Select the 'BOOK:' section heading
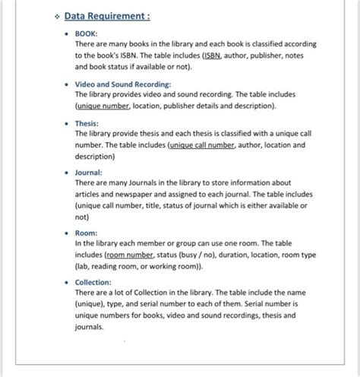pos(87,33)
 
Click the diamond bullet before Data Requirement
pos(54,16)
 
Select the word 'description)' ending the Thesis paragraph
pos(95,156)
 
